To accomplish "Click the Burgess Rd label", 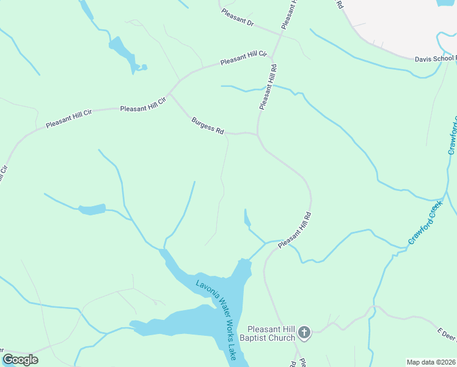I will tap(208, 126).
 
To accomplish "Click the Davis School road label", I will tap(434, 59).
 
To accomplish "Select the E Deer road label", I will tap(447, 334).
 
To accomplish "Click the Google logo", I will tap(20, 360).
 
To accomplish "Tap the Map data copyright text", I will tap(431, 362).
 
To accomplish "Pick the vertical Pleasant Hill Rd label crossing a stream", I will tap(268, 87).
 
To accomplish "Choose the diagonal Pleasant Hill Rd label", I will tap(295, 230).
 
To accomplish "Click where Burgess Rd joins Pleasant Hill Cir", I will tap(170, 94).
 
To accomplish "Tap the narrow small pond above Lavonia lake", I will tap(247, 218).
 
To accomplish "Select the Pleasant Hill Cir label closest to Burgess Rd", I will tap(143, 105).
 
